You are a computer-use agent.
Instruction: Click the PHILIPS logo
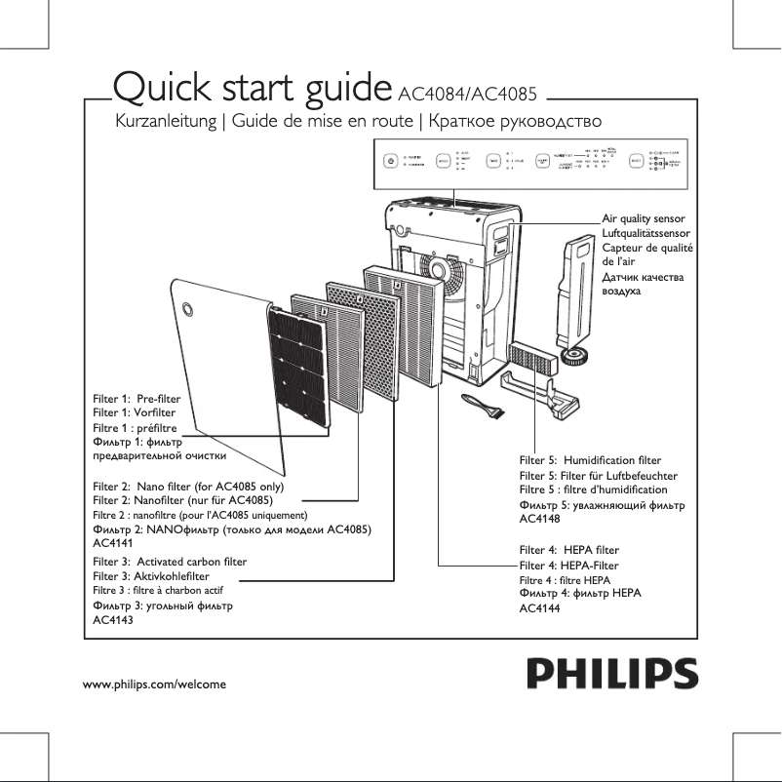[611, 673]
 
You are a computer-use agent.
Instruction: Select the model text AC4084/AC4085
[470, 95]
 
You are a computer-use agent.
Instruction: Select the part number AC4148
[539, 520]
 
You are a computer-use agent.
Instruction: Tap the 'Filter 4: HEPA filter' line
[569, 551]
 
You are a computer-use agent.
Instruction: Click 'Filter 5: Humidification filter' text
[590, 459]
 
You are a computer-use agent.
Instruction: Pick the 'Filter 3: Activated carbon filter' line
[170, 563]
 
